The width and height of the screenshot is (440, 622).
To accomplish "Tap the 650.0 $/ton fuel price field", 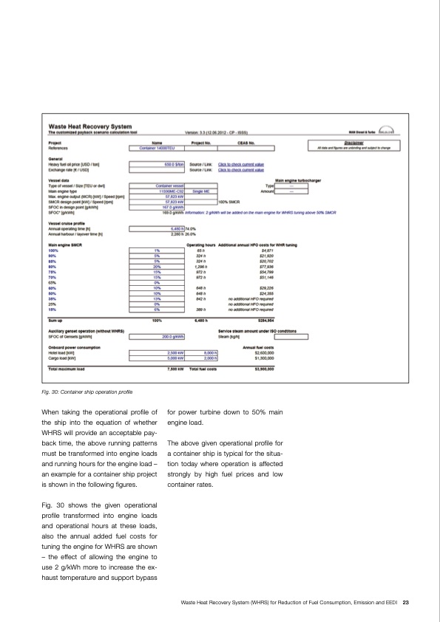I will [x=168, y=164].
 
